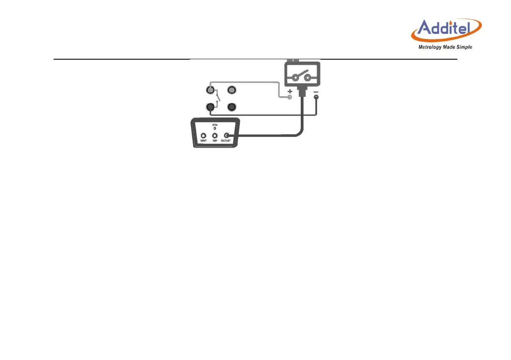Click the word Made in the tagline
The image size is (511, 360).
click(x=449, y=47)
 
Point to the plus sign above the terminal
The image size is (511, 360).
click(x=290, y=92)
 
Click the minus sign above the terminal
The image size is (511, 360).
click(x=316, y=92)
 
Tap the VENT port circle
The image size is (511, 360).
click(x=203, y=136)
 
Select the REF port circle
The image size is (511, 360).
click(x=215, y=136)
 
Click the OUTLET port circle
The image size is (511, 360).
click(x=227, y=136)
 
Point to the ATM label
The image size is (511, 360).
click(x=215, y=125)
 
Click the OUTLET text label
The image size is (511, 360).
click(x=227, y=141)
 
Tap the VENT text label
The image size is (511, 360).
click(x=203, y=141)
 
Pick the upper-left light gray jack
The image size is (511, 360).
click(x=210, y=91)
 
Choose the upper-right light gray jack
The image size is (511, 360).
click(x=232, y=91)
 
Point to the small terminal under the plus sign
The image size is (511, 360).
click(x=290, y=98)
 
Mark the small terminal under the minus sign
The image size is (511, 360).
click(x=316, y=98)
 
